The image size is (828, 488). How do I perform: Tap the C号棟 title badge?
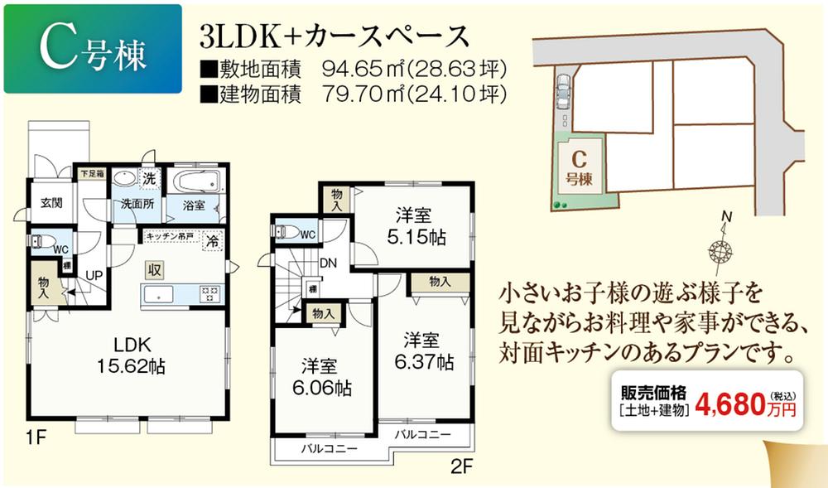coord(92,48)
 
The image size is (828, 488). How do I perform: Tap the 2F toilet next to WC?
coord(286,233)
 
